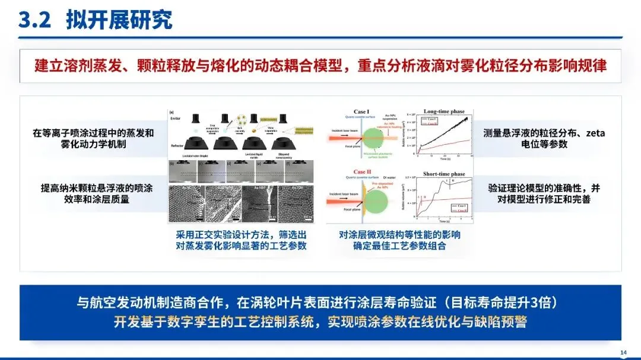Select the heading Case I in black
(361, 111)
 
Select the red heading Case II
(363, 173)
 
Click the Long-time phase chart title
(443, 111)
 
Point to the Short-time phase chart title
(444, 174)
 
